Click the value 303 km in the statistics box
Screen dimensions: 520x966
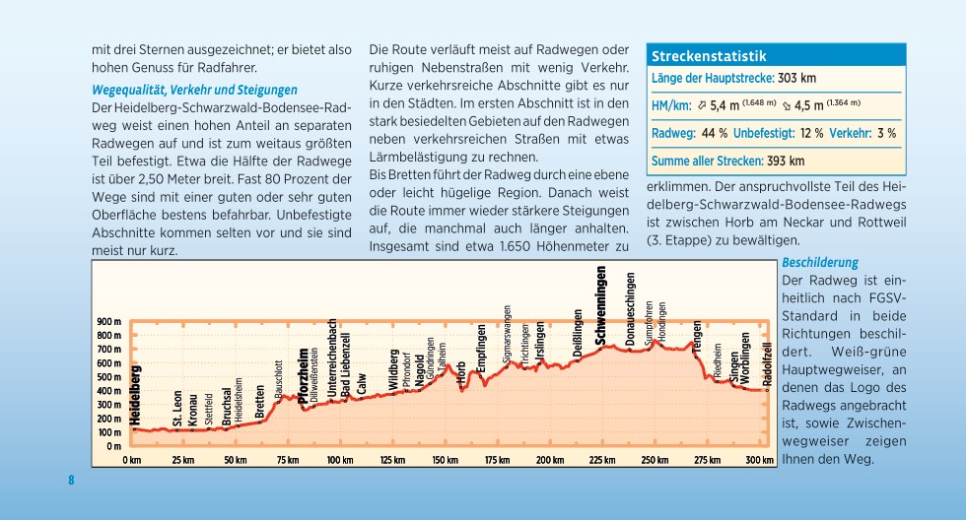[796, 79]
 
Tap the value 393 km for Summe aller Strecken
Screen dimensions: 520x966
[786, 161]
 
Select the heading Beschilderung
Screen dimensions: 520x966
[820, 263]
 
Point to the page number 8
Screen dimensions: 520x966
[71, 481]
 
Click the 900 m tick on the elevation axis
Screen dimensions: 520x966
[108, 322]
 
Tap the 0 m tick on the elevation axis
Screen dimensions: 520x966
[113, 446]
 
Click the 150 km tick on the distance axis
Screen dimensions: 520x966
[445, 460]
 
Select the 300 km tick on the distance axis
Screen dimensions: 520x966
[759, 460]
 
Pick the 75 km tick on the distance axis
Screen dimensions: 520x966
[287, 460]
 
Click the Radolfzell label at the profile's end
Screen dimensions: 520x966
[767, 363]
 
